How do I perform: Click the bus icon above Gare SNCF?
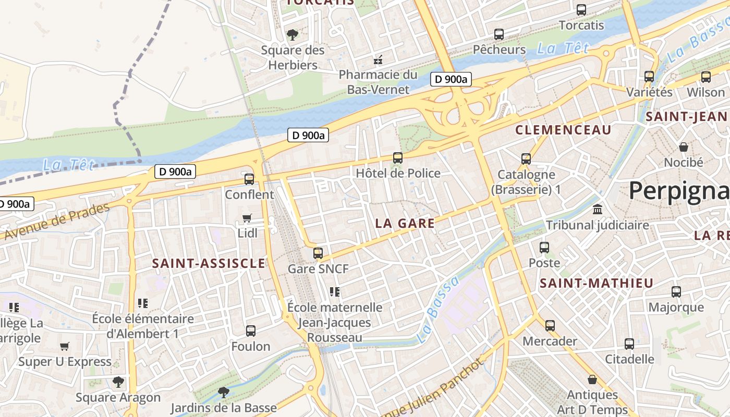(x=318, y=253)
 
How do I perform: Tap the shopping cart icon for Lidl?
(x=247, y=218)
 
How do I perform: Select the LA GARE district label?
(x=405, y=223)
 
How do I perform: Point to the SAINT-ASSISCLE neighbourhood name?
(x=209, y=263)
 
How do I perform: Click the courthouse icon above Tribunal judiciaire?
(x=598, y=210)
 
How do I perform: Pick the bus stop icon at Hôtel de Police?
(x=398, y=157)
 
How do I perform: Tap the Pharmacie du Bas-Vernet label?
(x=378, y=82)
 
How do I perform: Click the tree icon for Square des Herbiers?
(x=293, y=35)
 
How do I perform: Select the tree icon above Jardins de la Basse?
(x=224, y=392)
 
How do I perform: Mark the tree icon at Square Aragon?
(x=118, y=382)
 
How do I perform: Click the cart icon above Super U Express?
(x=65, y=347)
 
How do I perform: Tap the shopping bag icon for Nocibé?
(x=683, y=147)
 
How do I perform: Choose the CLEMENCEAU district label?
(x=563, y=130)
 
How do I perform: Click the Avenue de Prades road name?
(x=56, y=221)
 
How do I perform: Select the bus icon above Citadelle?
(x=629, y=344)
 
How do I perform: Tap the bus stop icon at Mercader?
(x=550, y=326)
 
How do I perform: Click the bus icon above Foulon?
(x=251, y=331)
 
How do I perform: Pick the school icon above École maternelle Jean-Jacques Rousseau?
(x=335, y=292)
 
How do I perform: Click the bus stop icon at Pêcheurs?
(x=499, y=34)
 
